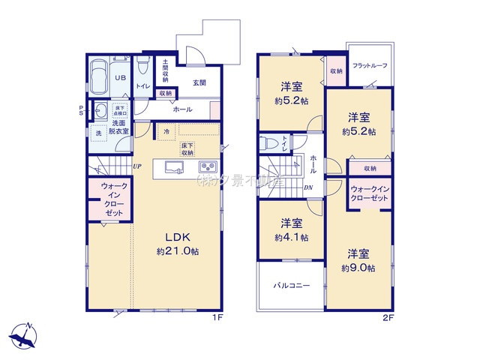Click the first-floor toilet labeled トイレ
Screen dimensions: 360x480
[142, 75]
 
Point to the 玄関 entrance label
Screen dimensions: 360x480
[199, 82]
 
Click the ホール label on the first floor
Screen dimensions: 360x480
[182, 109]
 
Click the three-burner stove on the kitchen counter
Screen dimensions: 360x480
[208, 166]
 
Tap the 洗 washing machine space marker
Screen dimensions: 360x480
[97, 133]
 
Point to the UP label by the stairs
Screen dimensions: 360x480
[137, 166]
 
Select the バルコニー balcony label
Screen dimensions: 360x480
[291, 286]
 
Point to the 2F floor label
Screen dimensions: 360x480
[388, 318]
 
